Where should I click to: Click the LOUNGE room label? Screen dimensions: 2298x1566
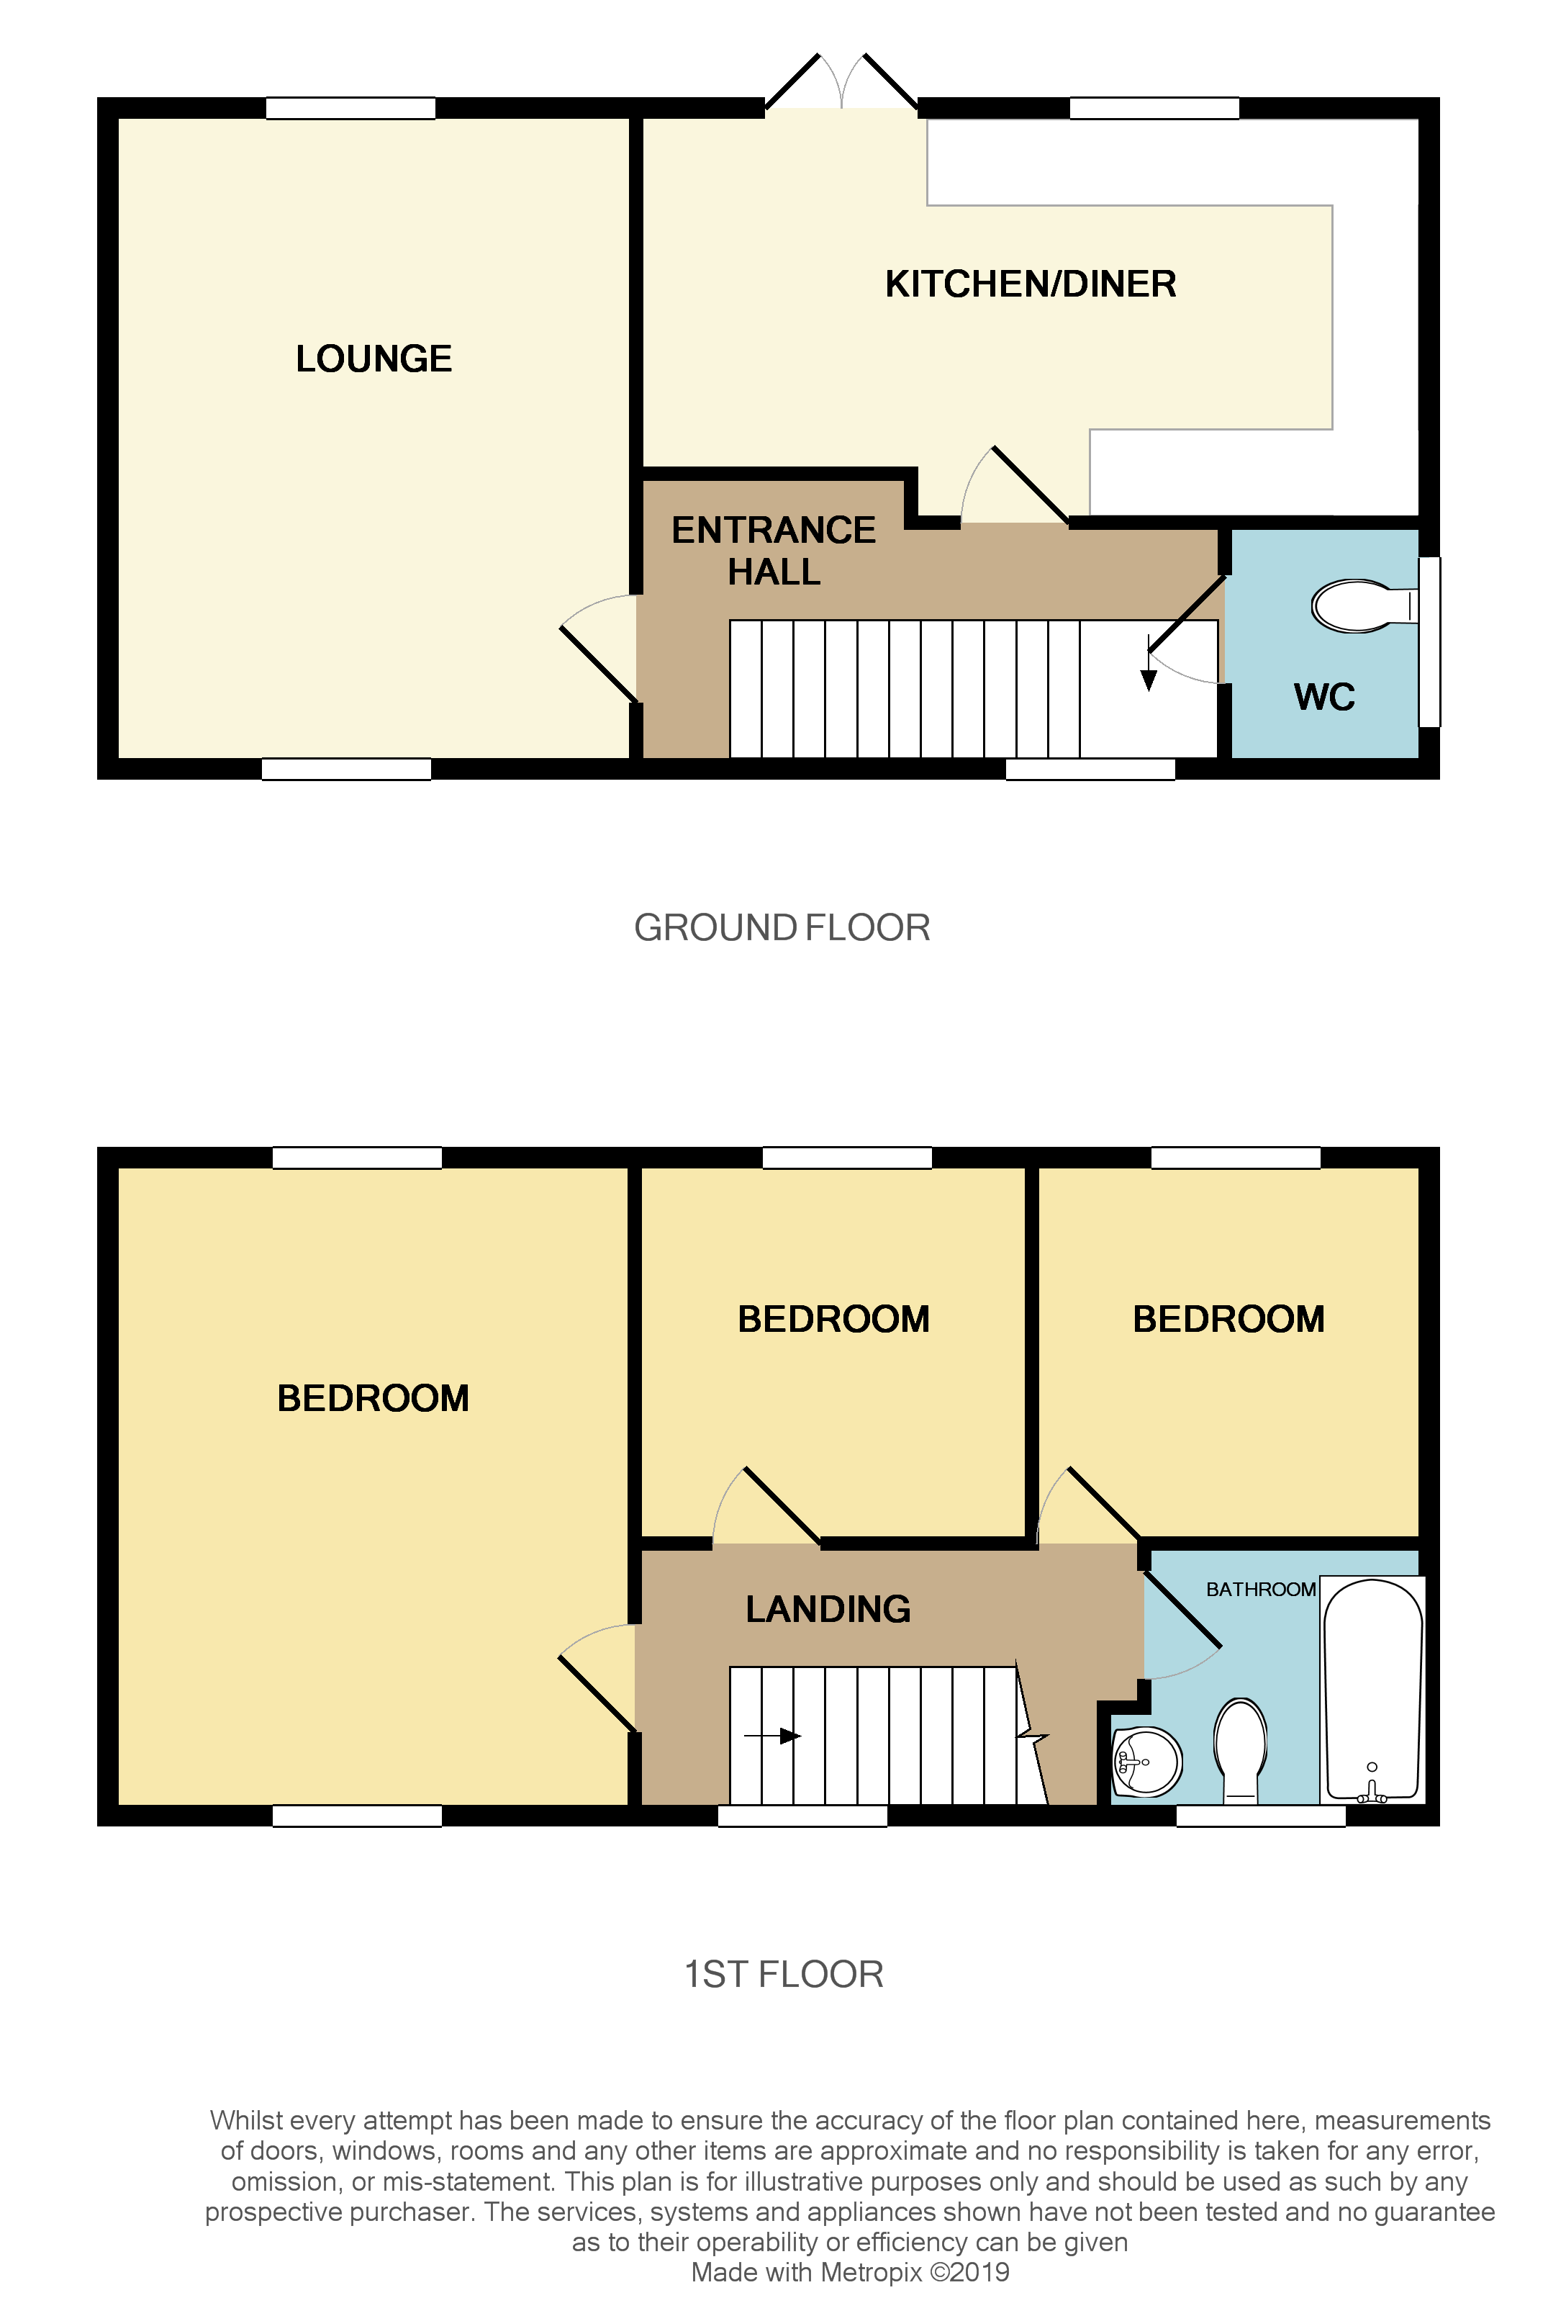[x=374, y=359]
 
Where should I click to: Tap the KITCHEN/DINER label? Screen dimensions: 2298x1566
[x=1030, y=285]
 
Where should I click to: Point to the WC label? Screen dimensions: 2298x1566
[x=1323, y=697]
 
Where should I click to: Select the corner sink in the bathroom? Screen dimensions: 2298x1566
[x=1147, y=1761]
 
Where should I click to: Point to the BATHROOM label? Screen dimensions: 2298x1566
[x=1261, y=1589]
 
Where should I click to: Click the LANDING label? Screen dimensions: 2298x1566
[x=828, y=1609]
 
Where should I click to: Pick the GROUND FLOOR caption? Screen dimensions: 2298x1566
[x=782, y=927]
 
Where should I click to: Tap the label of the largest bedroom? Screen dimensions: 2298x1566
[x=373, y=1398]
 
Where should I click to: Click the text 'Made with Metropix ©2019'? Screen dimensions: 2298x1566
[x=850, y=2272]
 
